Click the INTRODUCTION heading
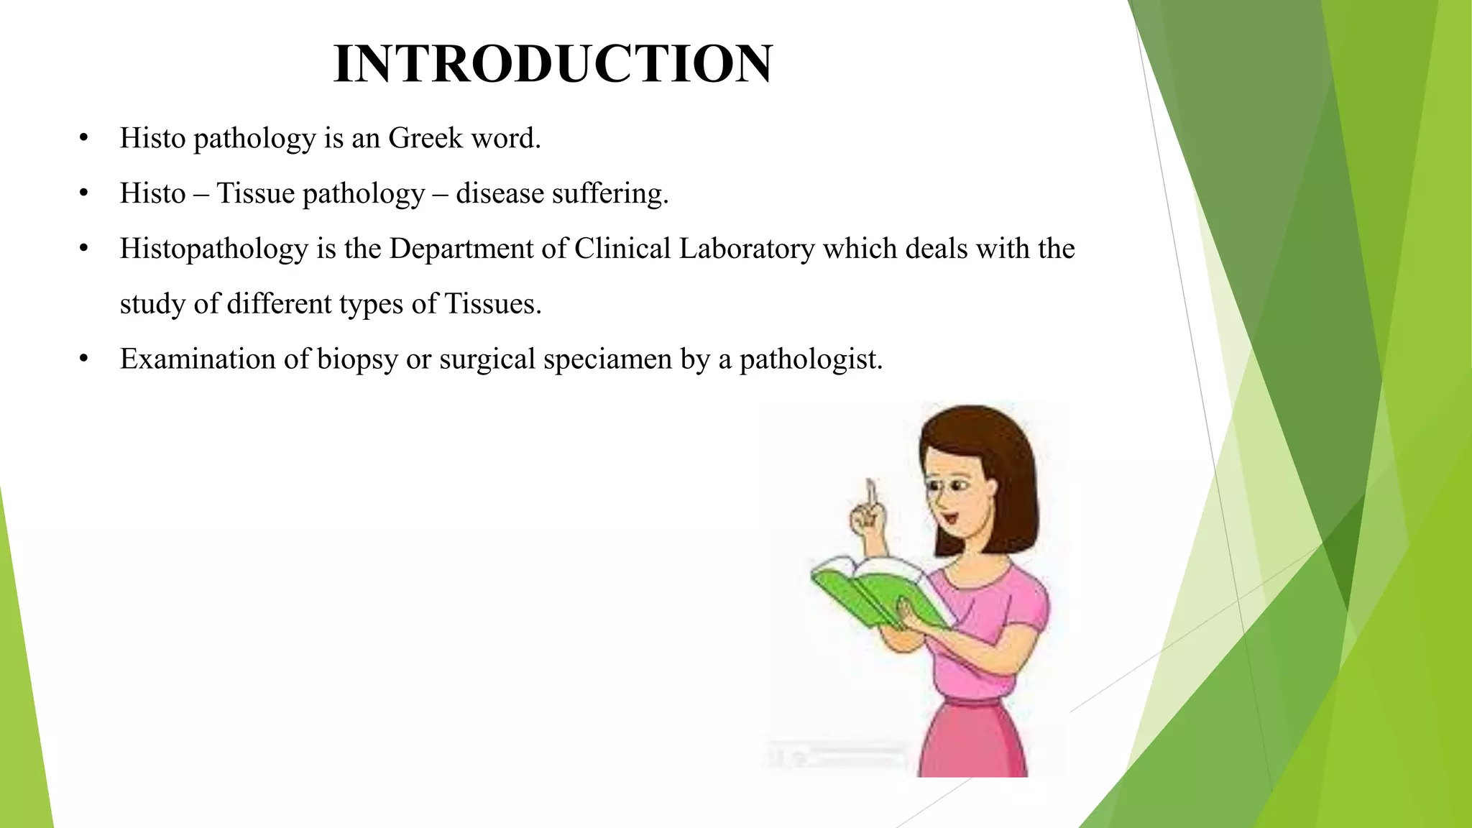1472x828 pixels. click(553, 64)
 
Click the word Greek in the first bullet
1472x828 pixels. click(425, 138)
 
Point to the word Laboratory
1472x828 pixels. click(747, 249)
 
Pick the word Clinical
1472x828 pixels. click(622, 249)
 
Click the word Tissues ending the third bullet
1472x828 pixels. click(492, 304)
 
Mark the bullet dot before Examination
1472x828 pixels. click(84, 359)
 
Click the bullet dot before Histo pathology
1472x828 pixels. click(84, 138)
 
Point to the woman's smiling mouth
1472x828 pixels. click(950, 516)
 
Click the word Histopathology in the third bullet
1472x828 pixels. click(213, 249)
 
